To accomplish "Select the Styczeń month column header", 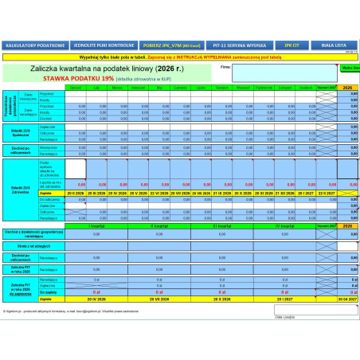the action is (76, 88).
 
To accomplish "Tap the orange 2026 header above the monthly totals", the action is (348, 88).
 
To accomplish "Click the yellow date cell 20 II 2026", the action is (76, 194).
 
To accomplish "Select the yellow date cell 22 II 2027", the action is (325, 194).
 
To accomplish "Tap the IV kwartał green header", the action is (284, 226).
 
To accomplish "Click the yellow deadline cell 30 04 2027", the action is (348, 298).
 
